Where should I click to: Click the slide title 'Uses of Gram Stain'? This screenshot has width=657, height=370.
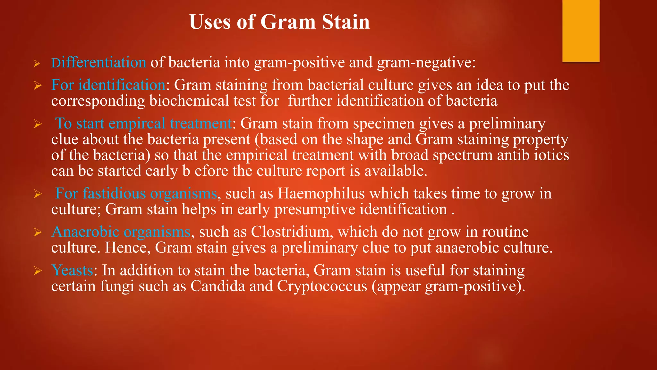pyautogui.click(x=279, y=22)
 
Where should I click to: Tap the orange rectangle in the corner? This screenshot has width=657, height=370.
pyautogui.click(x=581, y=31)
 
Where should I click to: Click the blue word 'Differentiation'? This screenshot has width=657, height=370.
pyautogui.click(x=99, y=62)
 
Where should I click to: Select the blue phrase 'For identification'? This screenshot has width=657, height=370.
pyautogui.click(x=108, y=85)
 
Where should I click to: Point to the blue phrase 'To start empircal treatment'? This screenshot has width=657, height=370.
pyautogui.click(x=143, y=124)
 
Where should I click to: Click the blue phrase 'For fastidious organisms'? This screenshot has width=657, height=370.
pyautogui.click(x=136, y=194)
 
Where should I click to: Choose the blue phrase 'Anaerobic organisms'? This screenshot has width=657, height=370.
pyautogui.click(x=121, y=232)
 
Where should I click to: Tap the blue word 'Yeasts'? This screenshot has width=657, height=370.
pyautogui.click(x=72, y=270)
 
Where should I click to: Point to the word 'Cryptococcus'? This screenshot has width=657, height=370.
pyautogui.click(x=322, y=286)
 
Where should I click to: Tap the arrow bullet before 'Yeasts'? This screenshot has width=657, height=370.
pyautogui.click(x=38, y=271)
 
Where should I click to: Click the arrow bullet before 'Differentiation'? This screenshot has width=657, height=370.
pyautogui.click(x=37, y=64)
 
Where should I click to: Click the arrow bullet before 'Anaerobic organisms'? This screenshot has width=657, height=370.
pyautogui.click(x=38, y=233)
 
